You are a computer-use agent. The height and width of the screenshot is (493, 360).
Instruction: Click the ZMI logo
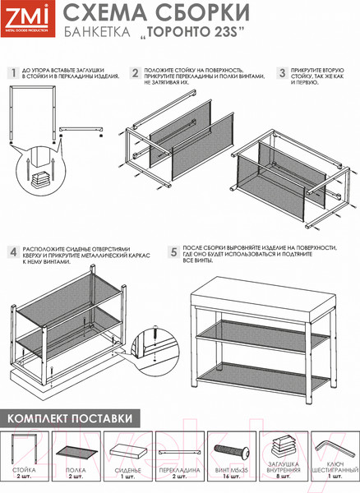28,19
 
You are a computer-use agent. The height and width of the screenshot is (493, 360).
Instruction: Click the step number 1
13,73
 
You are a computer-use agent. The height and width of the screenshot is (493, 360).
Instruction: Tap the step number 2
135,73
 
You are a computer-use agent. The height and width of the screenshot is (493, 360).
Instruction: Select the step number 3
283,73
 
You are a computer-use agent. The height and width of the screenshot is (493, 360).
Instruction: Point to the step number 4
13,252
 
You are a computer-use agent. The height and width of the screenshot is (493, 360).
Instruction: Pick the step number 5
174,252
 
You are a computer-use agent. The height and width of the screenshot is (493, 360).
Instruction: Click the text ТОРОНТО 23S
192,32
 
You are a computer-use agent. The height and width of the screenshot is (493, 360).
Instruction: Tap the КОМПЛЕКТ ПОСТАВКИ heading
70,418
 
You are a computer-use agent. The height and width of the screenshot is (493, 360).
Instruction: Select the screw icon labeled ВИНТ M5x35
232,452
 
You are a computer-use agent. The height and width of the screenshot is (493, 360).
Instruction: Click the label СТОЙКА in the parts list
24,470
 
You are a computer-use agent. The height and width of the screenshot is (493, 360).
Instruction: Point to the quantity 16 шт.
232,477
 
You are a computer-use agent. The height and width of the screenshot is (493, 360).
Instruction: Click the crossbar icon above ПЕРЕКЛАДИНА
179,453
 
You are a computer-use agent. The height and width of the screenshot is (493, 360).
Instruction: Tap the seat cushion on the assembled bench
263,300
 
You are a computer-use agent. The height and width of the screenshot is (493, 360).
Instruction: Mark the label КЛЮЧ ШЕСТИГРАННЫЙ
335,467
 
